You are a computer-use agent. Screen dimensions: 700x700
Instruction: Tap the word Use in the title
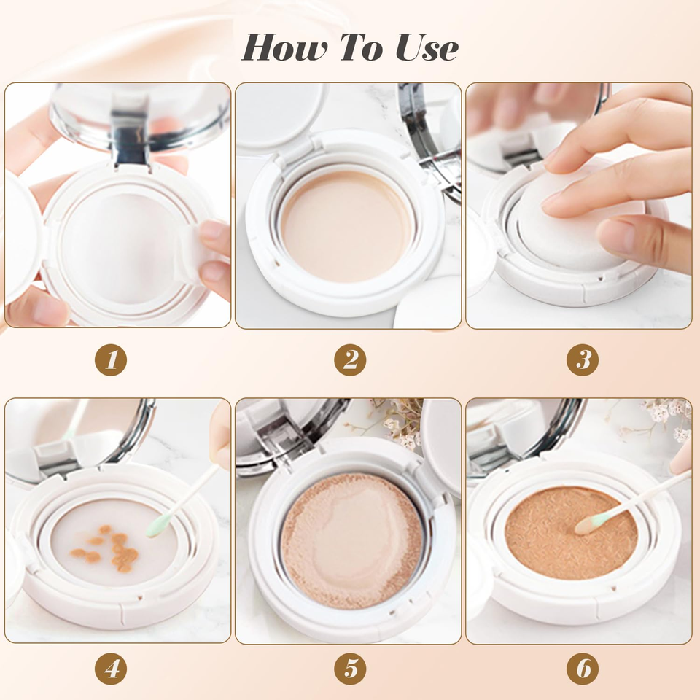427,47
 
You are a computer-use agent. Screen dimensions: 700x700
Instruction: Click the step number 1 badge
111,359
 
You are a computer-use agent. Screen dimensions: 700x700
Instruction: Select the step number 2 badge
350,359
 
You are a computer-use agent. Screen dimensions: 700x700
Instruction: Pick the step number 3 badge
583,359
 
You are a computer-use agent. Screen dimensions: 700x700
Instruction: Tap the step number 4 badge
111,669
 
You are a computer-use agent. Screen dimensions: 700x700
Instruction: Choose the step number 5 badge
350,669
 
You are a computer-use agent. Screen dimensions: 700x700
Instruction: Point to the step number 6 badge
583,669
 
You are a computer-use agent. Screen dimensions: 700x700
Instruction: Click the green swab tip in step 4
157,524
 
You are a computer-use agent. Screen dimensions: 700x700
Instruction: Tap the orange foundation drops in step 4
106,548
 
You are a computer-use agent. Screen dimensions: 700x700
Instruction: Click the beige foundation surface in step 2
346,226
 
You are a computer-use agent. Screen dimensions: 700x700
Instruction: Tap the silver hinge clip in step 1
130,135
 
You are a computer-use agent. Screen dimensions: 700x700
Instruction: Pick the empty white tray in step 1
119,248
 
